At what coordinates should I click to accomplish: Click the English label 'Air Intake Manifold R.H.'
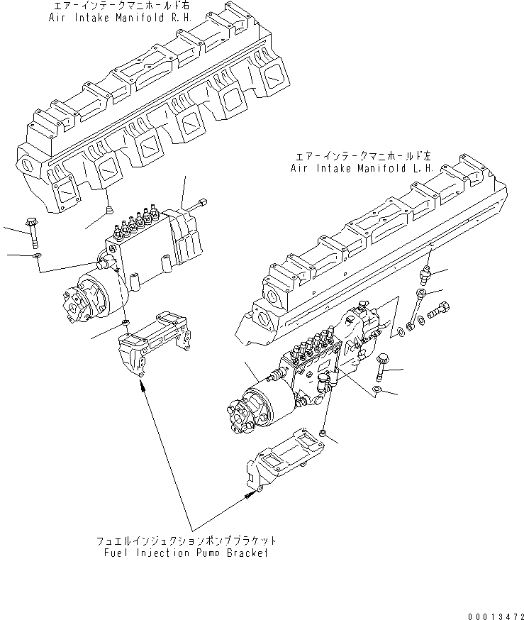pyautogui.click(x=110, y=17)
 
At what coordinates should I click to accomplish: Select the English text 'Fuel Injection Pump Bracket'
pyautogui.click(x=186, y=553)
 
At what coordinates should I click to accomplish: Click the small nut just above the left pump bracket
pyautogui.click(x=126, y=323)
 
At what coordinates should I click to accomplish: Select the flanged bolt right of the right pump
pyautogui.click(x=381, y=364)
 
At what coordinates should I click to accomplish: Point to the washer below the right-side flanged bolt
pyautogui.click(x=379, y=390)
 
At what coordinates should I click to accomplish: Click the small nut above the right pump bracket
pyautogui.click(x=323, y=433)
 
